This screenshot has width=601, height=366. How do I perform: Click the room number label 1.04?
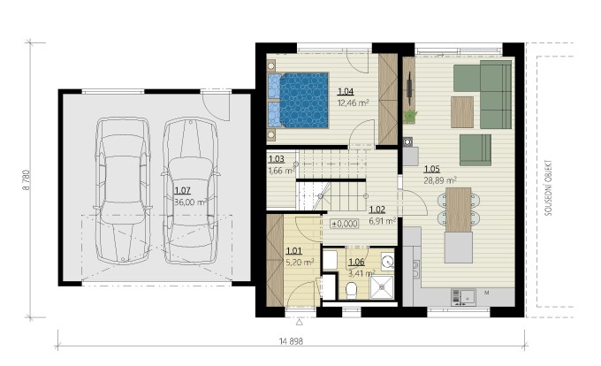pos(346,91)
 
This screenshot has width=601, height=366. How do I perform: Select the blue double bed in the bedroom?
pos(298,100)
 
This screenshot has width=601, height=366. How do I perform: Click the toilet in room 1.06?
pos(351,290)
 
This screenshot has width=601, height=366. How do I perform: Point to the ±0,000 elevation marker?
pos(345,224)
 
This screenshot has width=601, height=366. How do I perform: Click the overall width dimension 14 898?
pos(292,341)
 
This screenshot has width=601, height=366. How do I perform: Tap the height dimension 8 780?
pos(27,180)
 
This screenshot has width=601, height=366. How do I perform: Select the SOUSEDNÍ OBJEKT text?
pos(548,187)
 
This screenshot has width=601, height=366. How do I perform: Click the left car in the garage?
pos(122,190)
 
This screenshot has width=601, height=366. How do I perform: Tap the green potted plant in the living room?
pos(410,116)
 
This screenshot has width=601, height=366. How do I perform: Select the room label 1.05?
pos(431,169)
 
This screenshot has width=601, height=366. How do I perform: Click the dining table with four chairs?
pos(459,210)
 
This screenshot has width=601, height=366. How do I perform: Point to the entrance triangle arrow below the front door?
pos(300,323)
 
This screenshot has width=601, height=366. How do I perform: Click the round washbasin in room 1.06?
pos(387,261)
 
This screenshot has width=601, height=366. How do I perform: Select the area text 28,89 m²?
pos(440,180)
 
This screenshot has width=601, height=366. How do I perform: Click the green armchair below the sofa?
pos(475,150)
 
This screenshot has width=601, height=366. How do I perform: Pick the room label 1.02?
pos(377,210)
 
